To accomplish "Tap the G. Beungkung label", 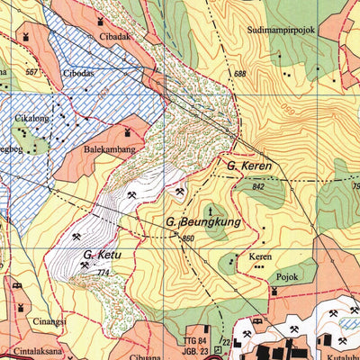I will pyautogui.click(x=200, y=220).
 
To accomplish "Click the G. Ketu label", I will pyautogui.click(x=101, y=256).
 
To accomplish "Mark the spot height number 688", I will pyautogui.click(x=239, y=74).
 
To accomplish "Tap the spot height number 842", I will pyautogui.click(x=261, y=186).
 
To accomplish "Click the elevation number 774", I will pyautogui.click(x=102, y=274).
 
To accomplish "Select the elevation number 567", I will pyautogui.click(x=33, y=72).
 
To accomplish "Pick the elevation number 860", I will pyautogui.click(x=187, y=238).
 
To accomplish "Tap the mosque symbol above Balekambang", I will pyautogui.click(x=129, y=133).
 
